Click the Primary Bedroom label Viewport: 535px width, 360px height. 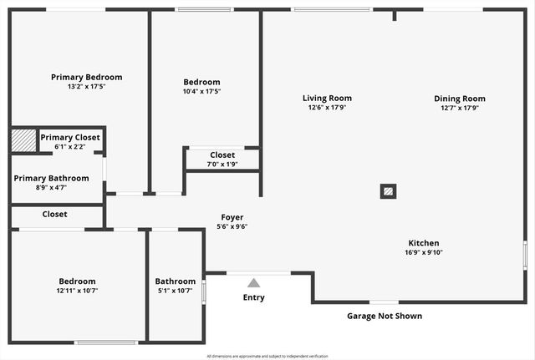(x=86, y=77)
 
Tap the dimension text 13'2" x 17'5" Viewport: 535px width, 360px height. (x=86, y=86)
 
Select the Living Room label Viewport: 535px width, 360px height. (x=327, y=98)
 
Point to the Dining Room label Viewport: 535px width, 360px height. (x=459, y=98)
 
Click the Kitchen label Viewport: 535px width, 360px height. (x=424, y=243)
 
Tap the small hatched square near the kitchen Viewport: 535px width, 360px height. (x=388, y=190)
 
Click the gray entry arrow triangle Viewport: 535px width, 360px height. (x=253, y=283)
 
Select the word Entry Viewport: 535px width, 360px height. (x=253, y=297)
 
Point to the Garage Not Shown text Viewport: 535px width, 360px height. (x=385, y=316)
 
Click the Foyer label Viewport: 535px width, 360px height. (x=232, y=217)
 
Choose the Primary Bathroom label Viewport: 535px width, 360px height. (x=51, y=178)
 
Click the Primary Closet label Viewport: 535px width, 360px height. (x=70, y=137)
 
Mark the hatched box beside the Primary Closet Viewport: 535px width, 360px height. (x=23, y=141)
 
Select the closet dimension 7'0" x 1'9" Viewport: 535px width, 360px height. (x=222, y=164)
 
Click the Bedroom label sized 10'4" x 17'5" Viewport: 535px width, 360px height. (x=201, y=82)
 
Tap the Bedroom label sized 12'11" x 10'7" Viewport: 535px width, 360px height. (x=77, y=281)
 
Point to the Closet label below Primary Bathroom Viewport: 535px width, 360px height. (x=54, y=214)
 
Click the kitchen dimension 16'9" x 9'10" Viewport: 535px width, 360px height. (x=424, y=252)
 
